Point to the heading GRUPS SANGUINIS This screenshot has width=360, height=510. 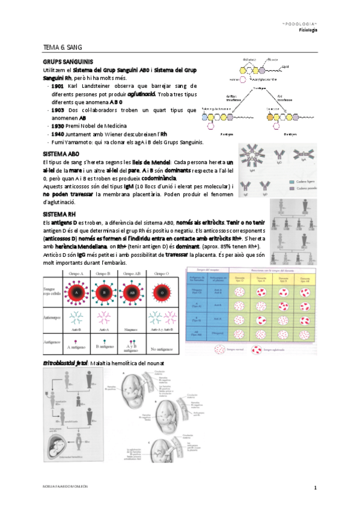pos(67,62)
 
